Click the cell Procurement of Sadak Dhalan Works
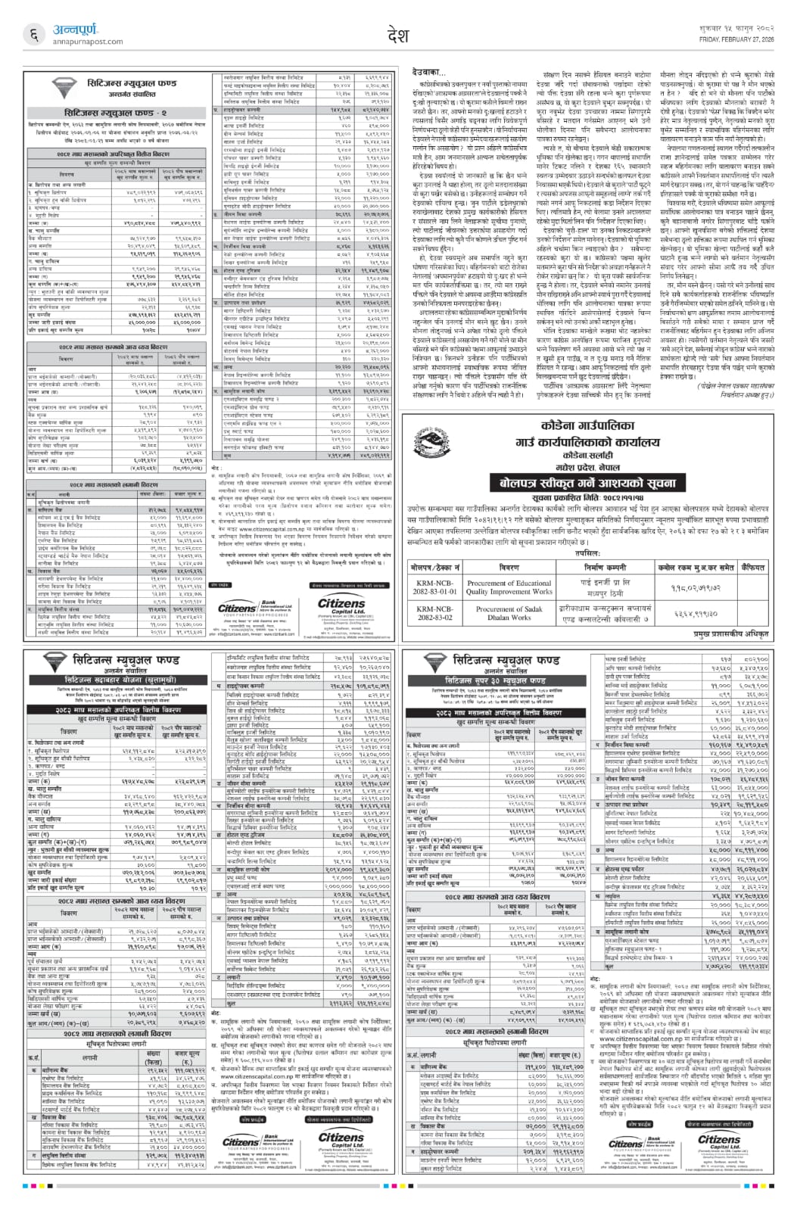pyautogui.click(x=509, y=614)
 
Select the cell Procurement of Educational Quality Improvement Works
pyautogui.click(x=509, y=588)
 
